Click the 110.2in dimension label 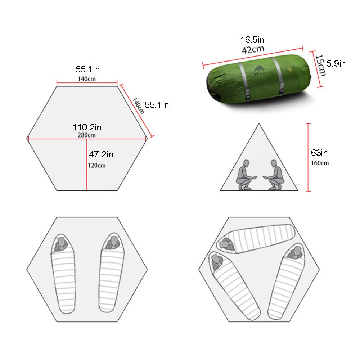(87, 127)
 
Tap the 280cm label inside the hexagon (86, 135)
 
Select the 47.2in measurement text (101, 154)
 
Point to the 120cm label (96, 165)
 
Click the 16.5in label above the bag (252, 40)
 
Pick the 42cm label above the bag (253, 50)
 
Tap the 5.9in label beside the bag (336, 64)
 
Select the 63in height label (319, 153)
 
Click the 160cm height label (320, 163)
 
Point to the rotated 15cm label (320, 65)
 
